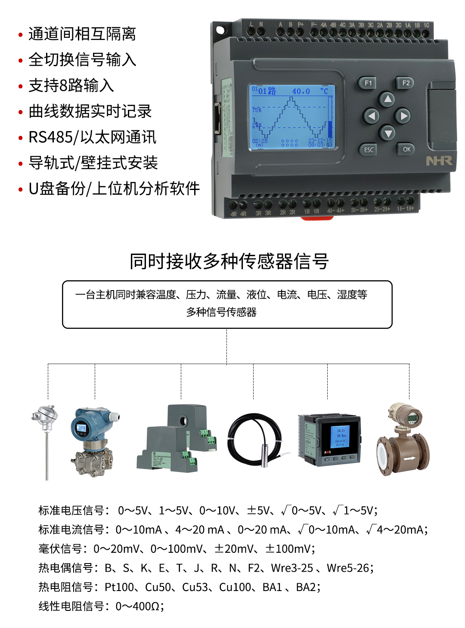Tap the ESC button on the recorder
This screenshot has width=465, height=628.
(369, 150)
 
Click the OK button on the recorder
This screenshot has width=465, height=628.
(406, 149)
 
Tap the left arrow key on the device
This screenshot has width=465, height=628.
(371, 116)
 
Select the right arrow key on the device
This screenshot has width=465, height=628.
(403, 116)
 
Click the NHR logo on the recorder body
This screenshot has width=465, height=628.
(439, 161)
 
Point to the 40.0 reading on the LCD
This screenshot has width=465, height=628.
(301, 91)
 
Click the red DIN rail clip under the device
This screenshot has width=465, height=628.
(317, 218)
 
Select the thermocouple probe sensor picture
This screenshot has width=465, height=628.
(45, 438)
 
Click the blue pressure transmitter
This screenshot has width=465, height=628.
(93, 441)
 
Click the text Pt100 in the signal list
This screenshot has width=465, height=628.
(119, 587)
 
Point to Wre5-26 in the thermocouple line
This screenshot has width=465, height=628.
(348, 568)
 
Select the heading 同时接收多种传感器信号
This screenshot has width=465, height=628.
(229, 261)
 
